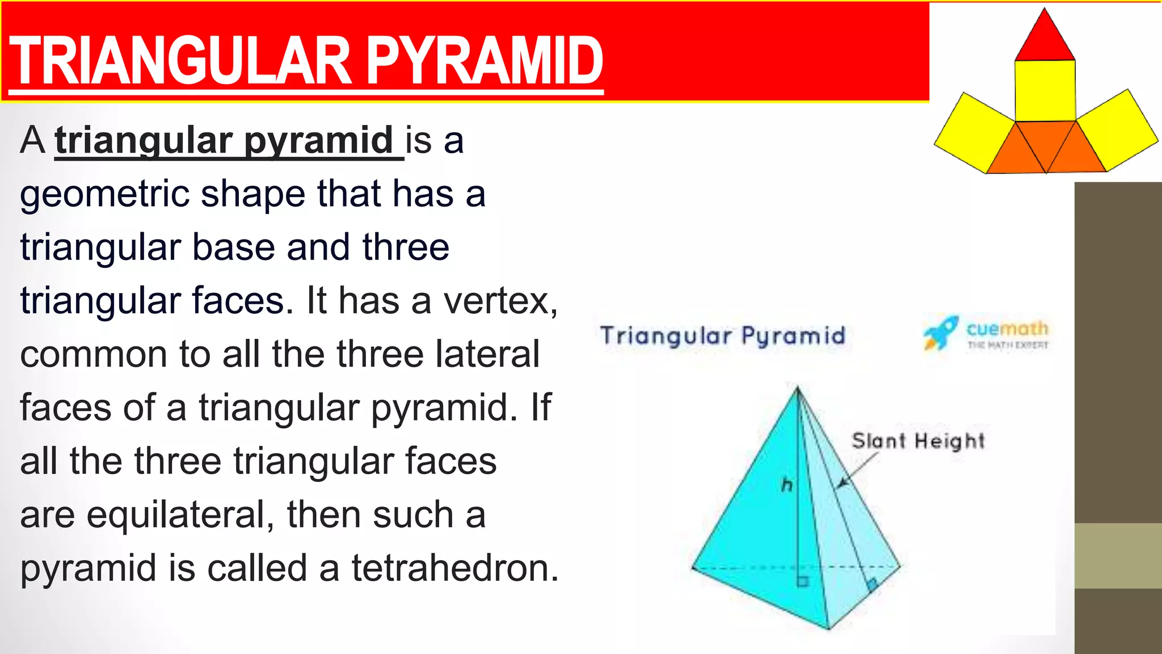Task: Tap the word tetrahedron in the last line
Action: [x=455, y=568]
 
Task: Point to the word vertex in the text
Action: [x=499, y=300]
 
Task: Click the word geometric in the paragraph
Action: [x=104, y=194]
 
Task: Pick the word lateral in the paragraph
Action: [x=487, y=354]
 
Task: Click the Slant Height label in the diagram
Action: [x=918, y=441]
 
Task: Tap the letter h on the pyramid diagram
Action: [x=787, y=485]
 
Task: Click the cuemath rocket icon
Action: [x=940, y=333]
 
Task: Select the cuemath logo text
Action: [x=1007, y=329]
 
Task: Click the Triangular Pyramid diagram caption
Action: [x=723, y=336]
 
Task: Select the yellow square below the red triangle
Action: [x=1045, y=90]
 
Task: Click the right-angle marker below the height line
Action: [x=802, y=581]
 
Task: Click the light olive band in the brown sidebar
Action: [x=1118, y=556]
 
